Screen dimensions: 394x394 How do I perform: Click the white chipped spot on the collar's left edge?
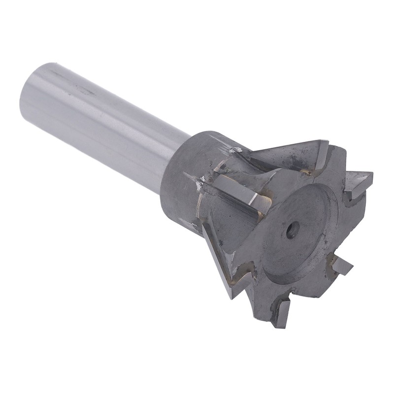[x=199, y=186]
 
